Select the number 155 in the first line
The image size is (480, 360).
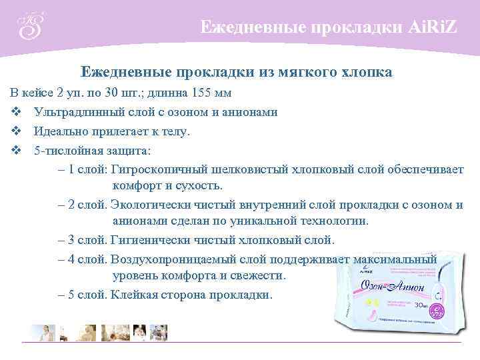pyautogui.click(x=201, y=92)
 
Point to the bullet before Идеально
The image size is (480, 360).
pyautogui.click(x=15, y=132)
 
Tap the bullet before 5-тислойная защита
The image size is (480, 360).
pyautogui.click(x=15, y=151)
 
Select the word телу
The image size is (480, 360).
pyautogui.click(x=173, y=132)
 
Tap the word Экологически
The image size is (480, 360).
pyautogui.click(x=149, y=205)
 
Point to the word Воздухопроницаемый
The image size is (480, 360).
pyautogui.click(x=167, y=259)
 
